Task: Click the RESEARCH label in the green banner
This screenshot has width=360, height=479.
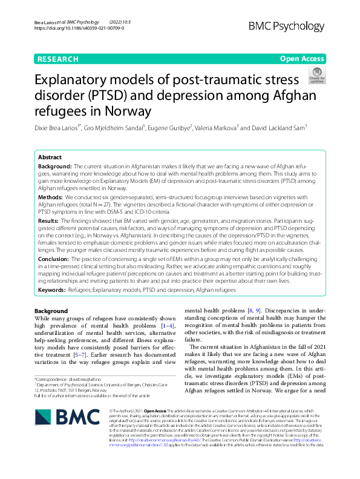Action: pyautogui.click(x=57, y=59)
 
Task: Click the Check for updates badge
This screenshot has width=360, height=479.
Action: pyautogui.click(x=316, y=76)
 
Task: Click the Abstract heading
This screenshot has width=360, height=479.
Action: pyautogui.click(x=50, y=156)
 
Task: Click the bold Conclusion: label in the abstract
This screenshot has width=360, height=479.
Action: pyautogui.click(x=54, y=259)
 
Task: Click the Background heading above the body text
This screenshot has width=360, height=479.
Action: pyautogui.click(x=51, y=311)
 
